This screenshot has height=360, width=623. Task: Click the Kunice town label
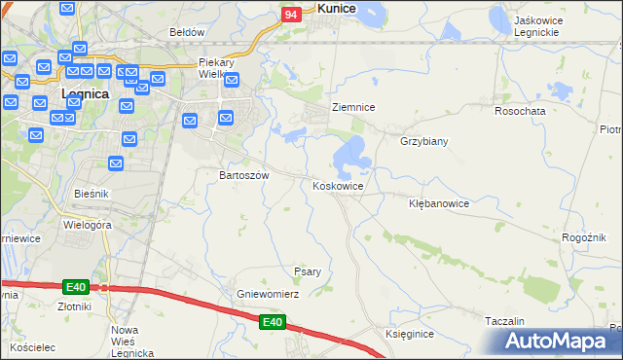(336, 8)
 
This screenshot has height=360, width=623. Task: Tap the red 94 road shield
(290, 15)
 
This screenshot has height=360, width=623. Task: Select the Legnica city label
(84, 94)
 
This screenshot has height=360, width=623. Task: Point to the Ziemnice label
(353, 107)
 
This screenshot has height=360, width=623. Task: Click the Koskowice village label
(338, 186)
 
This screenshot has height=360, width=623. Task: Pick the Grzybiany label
(423, 141)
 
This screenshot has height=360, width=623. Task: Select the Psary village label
(308, 271)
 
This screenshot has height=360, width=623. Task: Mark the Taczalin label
(504, 321)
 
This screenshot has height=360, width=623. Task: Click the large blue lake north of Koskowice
(350, 154)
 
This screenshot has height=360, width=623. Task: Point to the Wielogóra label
(89, 225)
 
